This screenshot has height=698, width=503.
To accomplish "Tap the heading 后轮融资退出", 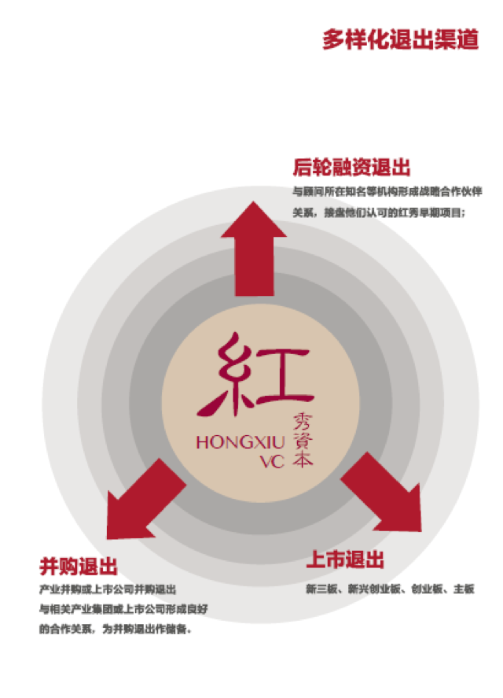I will [x=351, y=167].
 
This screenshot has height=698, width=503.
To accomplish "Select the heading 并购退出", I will [x=79, y=566].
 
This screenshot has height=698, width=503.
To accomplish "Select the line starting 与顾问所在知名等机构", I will [x=387, y=191].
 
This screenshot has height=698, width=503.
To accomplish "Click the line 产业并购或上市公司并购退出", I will [x=107, y=589].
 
